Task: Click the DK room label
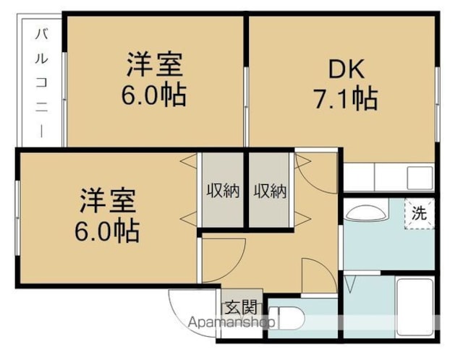click(347, 69)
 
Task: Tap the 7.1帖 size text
click(346, 98)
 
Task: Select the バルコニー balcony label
click(42, 83)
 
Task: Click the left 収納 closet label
click(223, 191)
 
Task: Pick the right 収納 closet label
click(270, 191)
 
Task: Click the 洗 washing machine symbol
click(420, 213)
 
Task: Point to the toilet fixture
click(286, 318)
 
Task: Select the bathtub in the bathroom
click(415, 307)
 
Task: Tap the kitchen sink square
click(420, 178)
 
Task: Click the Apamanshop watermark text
click(231, 322)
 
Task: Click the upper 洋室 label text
click(154, 64)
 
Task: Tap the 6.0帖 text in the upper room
click(154, 95)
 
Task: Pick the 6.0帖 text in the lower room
click(107, 230)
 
